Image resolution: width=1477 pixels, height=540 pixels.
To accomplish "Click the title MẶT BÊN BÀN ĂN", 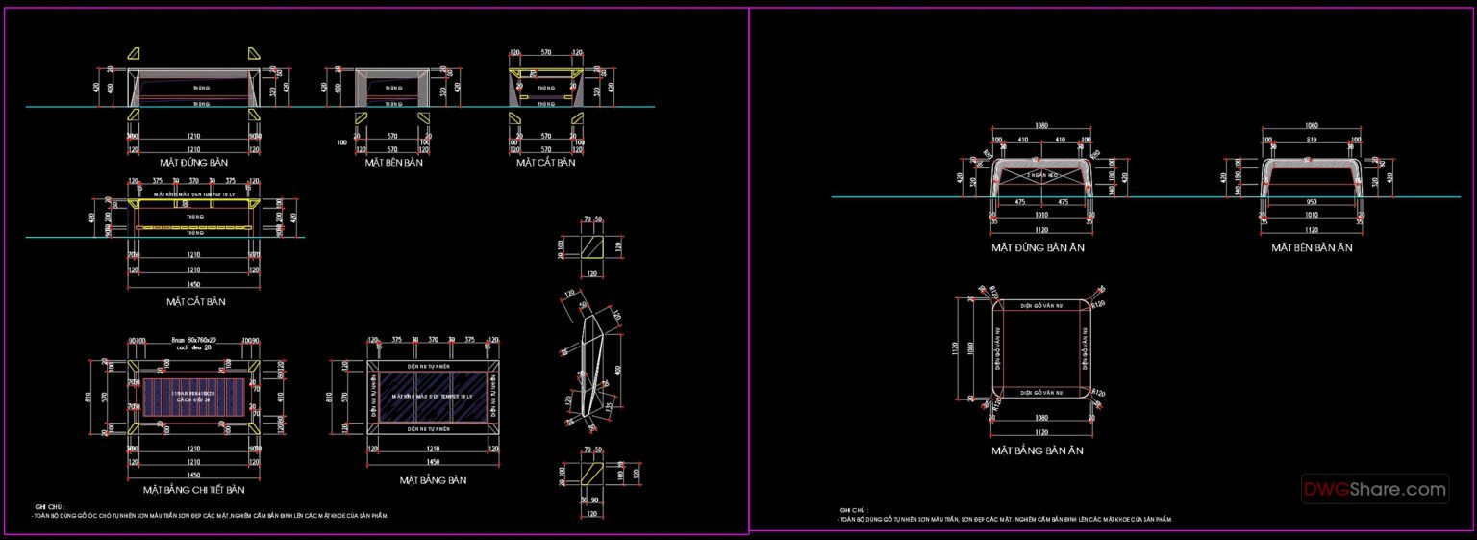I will tap(1312, 247).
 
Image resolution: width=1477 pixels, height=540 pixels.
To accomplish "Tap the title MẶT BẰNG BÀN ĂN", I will tap(1038, 450).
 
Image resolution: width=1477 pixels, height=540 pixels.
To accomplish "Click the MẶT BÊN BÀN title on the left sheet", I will tap(393, 163).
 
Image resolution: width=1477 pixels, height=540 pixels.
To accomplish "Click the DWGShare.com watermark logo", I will tap(1374, 489).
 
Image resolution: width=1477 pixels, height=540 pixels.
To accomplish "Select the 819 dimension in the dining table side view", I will tap(1311, 140).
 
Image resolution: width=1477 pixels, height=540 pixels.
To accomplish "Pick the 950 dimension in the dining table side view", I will tap(1311, 203).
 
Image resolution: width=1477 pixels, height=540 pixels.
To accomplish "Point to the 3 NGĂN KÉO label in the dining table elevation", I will tap(1039, 175).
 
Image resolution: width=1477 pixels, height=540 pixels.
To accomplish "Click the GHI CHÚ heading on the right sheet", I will tap(850, 510).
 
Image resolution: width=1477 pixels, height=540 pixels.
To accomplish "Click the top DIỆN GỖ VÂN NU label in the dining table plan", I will tap(1039, 306).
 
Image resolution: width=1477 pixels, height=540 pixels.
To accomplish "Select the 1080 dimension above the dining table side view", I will tap(1311, 125).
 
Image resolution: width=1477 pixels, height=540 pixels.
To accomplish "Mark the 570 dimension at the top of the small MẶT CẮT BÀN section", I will tap(545, 52).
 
